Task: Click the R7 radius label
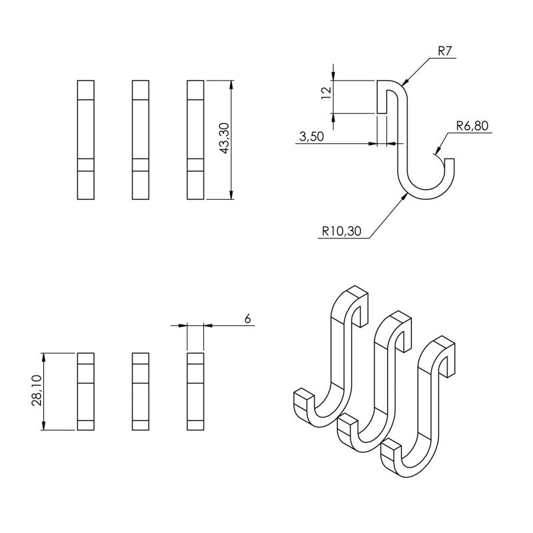[x=444, y=51]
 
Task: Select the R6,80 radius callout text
[x=472, y=126]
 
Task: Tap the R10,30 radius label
[x=342, y=231]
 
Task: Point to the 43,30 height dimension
[x=225, y=139]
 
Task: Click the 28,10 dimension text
[x=37, y=390]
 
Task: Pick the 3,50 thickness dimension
[x=311, y=137]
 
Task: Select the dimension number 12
[x=326, y=93]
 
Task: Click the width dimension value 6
[x=247, y=319]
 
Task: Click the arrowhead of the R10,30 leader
[x=405, y=195]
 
